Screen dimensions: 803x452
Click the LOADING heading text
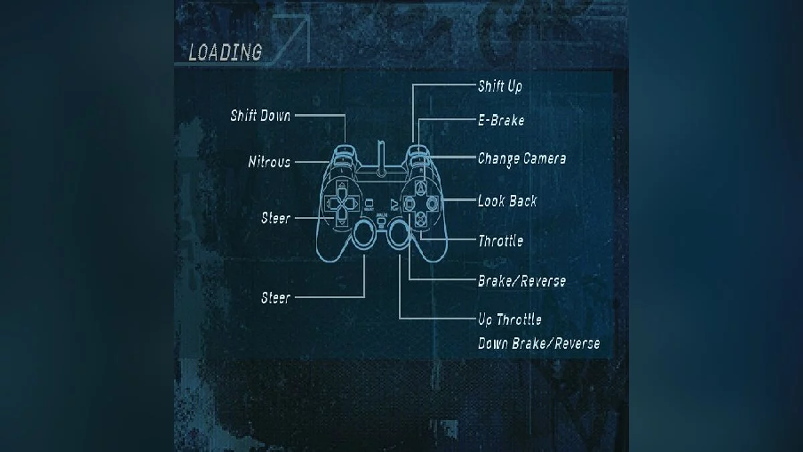click(x=225, y=52)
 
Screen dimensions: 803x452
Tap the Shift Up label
click(x=500, y=86)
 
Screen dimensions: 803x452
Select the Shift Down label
click(x=260, y=115)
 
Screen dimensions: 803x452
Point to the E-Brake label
click(x=501, y=120)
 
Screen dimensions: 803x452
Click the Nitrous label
click(x=269, y=162)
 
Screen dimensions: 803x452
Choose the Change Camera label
click(x=522, y=159)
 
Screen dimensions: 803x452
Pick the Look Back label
click(x=507, y=200)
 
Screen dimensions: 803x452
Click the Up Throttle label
click(x=510, y=319)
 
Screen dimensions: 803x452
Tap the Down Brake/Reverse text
click(x=539, y=344)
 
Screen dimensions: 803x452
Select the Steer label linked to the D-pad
click(x=276, y=218)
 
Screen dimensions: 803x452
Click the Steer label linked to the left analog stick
click(x=276, y=298)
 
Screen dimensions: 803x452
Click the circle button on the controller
click(x=432, y=204)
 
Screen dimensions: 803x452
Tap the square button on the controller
click(x=408, y=204)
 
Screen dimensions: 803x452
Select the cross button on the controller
click(x=420, y=218)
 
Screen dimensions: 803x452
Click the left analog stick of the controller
click(x=364, y=234)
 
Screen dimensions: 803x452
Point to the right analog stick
click(x=398, y=234)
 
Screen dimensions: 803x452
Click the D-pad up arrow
click(x=342, y=187)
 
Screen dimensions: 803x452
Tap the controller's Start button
click(x=394, y=205)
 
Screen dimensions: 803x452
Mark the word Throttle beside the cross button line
click(x=501, y=240)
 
